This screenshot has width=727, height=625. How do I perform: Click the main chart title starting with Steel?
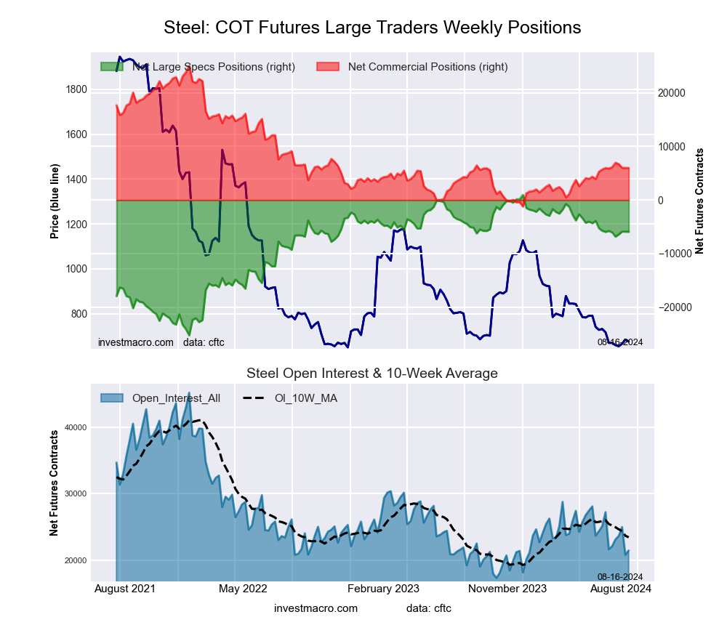click(x=372, y=28)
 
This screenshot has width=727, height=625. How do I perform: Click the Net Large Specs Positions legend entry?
click(x=213, y=67)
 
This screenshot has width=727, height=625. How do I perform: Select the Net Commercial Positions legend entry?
click(x=427, y=67)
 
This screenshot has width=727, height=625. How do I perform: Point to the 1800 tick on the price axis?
click(x=76, y=90)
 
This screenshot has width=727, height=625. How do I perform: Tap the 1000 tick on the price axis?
click(x=76, y=269)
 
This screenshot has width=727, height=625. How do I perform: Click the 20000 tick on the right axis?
click(x=672, y=93)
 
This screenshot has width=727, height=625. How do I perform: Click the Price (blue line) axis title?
click(x=55, y=201)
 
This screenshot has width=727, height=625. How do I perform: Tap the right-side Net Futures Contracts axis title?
click(x=700, y=201)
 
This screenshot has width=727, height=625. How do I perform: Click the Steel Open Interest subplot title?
click(x=372, y=374)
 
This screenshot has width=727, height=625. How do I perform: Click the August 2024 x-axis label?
click(x=619, y=589)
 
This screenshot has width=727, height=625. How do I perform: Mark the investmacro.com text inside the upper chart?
click(x=136, y=342)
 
